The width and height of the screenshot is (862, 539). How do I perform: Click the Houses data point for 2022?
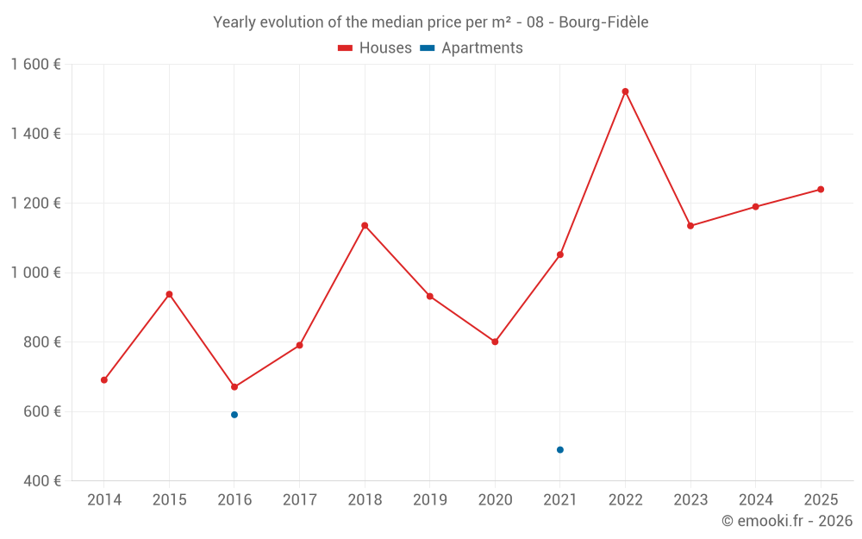(x=625, y=91)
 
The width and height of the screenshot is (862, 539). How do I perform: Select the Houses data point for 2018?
(x=365, y=226)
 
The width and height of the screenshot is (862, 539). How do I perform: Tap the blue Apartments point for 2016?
(x=234, y=415)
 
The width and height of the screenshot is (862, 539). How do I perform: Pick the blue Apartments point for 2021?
(x=560, y=450)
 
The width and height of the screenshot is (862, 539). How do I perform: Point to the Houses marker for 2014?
(x=104, y=380)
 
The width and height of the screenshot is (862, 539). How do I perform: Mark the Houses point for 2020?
(x=495, y=342)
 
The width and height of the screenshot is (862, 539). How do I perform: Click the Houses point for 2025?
(x=821, y=190)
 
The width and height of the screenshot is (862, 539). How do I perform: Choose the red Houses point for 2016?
(x=234, y=387)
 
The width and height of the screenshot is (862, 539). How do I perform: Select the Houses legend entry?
(x=375, y=48)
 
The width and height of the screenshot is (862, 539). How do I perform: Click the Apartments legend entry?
(x=472, y=48)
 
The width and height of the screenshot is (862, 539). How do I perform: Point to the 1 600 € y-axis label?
(x=35, y=65)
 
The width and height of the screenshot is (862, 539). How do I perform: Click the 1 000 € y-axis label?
(x=35, y=273)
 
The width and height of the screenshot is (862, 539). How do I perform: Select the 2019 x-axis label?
(x=430, y=500)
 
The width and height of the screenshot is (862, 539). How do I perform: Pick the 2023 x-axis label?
(x=690, y=500)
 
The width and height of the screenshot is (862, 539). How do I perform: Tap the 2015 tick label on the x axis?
(x=169, y=500)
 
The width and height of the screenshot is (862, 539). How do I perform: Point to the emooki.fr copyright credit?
(x=787, y=521)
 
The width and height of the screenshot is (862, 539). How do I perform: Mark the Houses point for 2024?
(x=755, y=207)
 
